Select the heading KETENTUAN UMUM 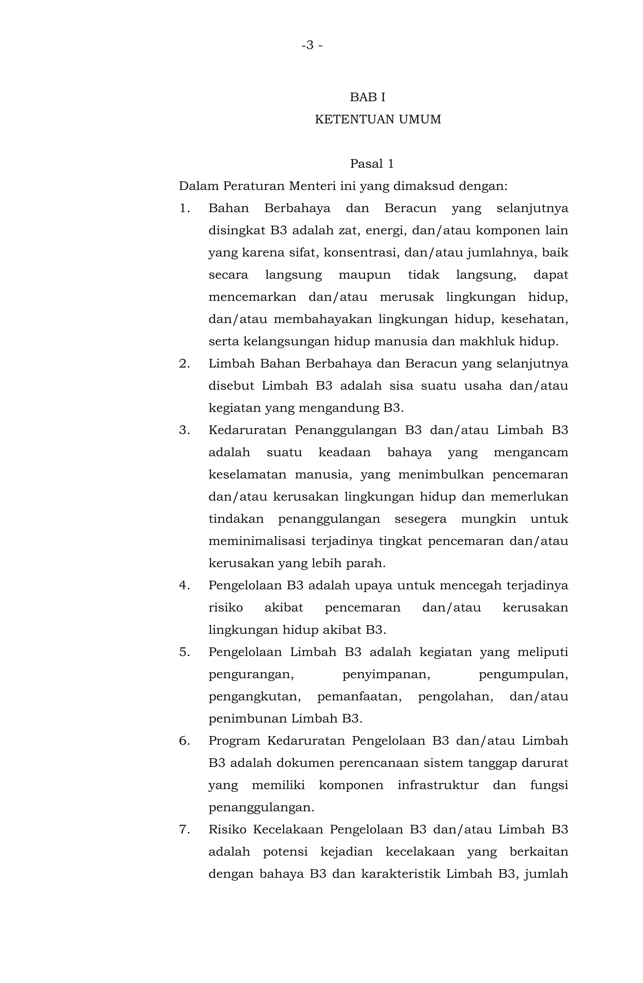[377, 119]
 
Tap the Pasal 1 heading [371, 164]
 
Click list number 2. [184, 363]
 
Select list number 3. [184, 430]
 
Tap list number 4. [184, 585]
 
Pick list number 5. [184, 652]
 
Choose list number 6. [184, 741]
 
